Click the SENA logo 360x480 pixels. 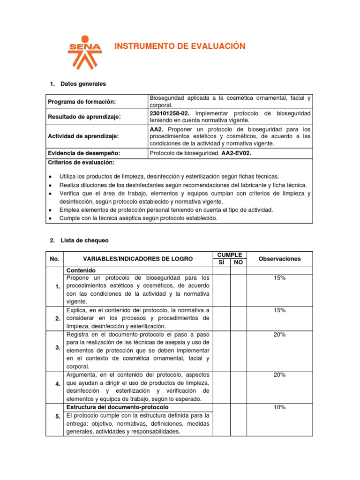tap(85, 51)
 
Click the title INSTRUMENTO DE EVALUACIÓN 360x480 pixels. tap(180, 46)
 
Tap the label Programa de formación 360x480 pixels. tap(82, 102)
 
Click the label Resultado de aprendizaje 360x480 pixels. tap(85, 117)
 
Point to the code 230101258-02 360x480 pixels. tap(170, 113)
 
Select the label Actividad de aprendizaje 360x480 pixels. tap(83, 136)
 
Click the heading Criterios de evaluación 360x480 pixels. tap(81, 162)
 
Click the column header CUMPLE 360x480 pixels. tap(230, 255)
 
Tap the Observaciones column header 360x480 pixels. tap(280, 259)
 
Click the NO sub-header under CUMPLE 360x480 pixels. tap(238, 262)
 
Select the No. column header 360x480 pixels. tap(54, 259)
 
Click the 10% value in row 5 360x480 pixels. tap(280, 407)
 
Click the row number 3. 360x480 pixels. tap(58, 347)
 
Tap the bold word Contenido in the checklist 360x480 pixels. tap(81, 270)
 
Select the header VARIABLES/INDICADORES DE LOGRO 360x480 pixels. tap(137, 259)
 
